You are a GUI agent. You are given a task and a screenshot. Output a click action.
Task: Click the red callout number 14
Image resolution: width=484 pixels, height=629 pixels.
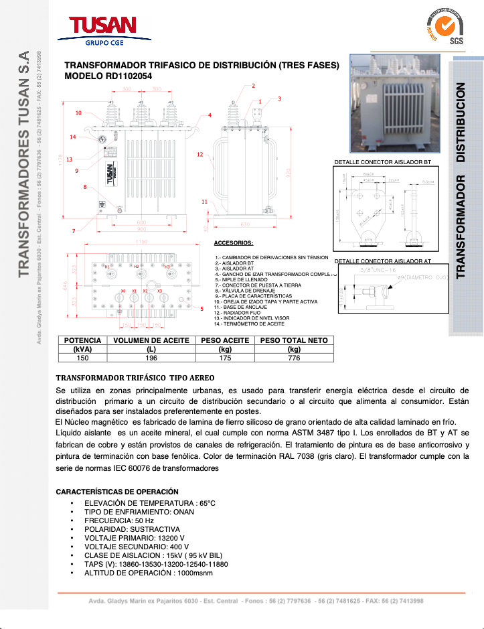pos(73,137)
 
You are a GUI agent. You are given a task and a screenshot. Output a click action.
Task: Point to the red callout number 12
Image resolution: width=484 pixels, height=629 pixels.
pos(199,155)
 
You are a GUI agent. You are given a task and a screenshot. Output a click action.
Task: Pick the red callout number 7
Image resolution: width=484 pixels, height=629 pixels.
pos(73,231)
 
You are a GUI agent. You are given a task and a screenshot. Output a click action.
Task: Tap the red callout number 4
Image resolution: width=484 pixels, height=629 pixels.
pos(210,115)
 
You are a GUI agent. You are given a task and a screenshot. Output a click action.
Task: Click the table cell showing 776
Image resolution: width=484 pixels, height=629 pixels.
pos(293,358)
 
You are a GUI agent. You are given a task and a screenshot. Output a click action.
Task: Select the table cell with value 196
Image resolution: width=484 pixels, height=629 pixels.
pos(151,358)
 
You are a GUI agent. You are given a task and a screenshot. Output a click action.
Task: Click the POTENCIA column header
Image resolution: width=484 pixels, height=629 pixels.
pos(82,340)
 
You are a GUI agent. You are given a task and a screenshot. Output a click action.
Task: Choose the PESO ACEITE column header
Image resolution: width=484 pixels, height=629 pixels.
pos(225,340)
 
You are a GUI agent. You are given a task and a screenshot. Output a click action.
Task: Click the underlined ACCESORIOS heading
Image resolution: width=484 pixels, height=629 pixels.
pos(233,242)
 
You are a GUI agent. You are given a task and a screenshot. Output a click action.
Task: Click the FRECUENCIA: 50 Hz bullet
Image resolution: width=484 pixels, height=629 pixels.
pos(118,520)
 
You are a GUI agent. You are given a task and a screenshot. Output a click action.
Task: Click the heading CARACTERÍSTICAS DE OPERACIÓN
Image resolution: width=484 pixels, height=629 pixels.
pos(117,492)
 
